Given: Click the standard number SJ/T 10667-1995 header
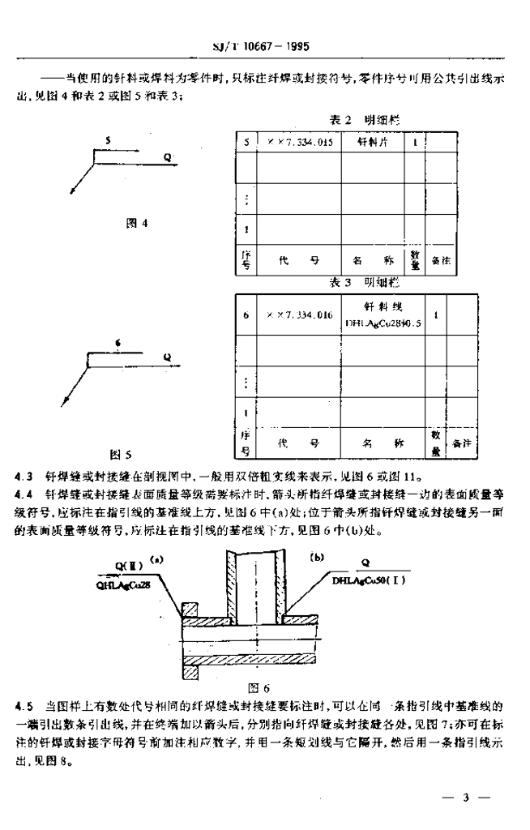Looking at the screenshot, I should point(265,47).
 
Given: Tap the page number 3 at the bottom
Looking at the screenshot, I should point(466,798).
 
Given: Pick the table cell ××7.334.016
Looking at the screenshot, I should point(299,315).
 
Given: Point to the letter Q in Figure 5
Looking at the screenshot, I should point(166,356).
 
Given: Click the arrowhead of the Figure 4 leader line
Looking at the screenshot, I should point(71,193).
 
